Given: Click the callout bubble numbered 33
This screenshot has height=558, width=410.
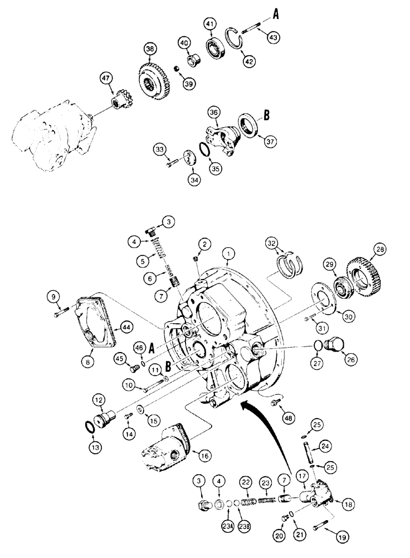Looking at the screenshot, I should tap(161, 149).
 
